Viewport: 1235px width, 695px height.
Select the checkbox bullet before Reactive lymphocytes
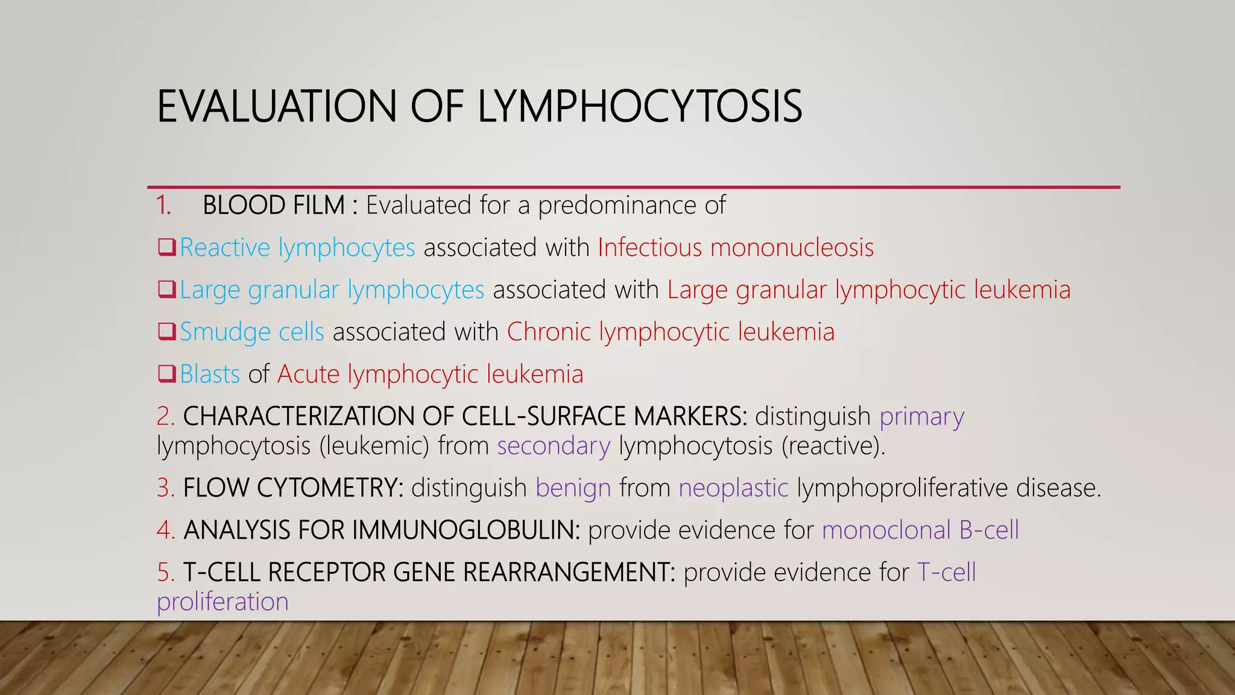coord(166,247)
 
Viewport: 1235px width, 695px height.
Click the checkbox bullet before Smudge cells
coord(166,331)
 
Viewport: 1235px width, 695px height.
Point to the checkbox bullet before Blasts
coord(166,373)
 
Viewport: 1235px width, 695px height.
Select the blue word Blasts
coord(210,374)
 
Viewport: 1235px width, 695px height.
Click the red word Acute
coord(308,374)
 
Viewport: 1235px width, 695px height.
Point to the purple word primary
coord(921,417)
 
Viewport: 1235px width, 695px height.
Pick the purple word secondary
coord(554,446)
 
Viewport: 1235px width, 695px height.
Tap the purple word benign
coord(573,488)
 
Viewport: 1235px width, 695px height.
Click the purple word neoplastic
coord(733,487)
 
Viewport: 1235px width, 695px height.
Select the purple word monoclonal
coord(886,530)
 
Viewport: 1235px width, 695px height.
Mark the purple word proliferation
coord(223,602)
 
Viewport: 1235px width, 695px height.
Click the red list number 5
coord(165,572)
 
